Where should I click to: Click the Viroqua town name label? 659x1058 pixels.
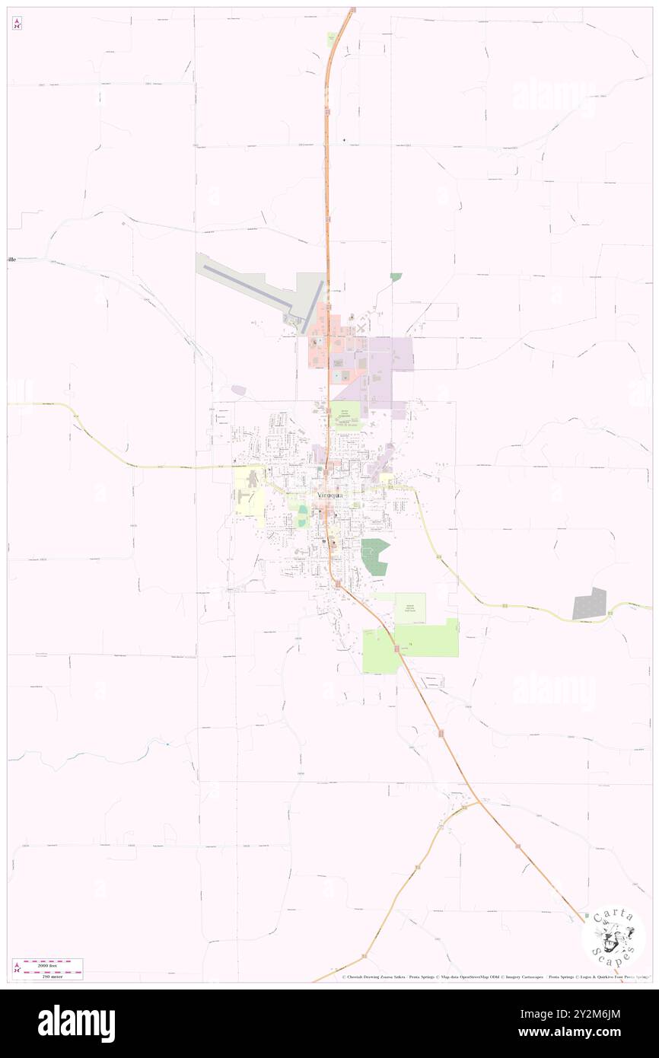(331, 494)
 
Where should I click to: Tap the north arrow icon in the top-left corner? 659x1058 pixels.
(17, 24)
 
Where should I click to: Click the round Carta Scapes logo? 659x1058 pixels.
(613, 936)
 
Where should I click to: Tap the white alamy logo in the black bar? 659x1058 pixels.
(76, 1024)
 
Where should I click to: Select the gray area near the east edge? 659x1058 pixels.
(590, 604)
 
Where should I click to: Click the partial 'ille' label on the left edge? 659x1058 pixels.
(11, 260)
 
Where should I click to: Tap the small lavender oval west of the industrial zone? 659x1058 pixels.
(239, 390)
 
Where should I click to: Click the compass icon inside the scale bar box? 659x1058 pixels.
(17, 968)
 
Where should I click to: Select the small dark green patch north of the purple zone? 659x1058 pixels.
(396, 277)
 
